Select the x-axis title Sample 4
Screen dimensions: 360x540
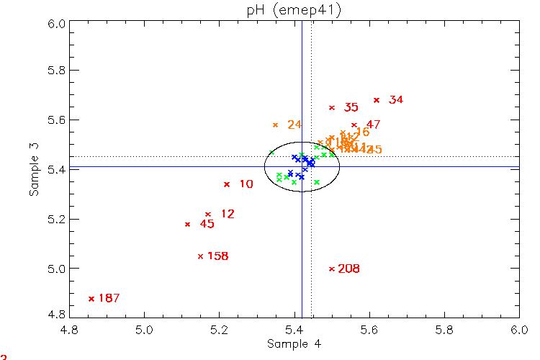click(294, 344)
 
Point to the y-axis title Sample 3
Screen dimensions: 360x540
click(34, 169)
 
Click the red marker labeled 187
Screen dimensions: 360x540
click(91, 298)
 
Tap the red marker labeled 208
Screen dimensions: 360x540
click(332, 269)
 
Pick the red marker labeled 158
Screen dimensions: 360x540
click(200, 256)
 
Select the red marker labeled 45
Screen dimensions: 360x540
click(188, 224)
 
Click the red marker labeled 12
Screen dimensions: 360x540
click(208, 215)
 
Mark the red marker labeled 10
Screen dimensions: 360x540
click(227, 184)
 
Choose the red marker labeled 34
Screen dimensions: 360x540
click(377, 100)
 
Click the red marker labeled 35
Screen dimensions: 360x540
click(332, 108)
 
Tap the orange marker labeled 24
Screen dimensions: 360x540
click(275, 125)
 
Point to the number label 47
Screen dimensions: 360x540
click(373, 125)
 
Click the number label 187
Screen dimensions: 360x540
click(109, 298)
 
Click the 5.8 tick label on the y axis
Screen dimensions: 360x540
click(58, 71)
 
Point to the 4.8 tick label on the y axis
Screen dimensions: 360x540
click(58, 315)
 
